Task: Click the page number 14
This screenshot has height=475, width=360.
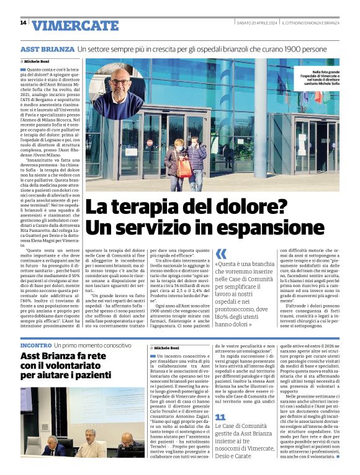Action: click(23, 23)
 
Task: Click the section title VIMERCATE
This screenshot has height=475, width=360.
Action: click(75, 25)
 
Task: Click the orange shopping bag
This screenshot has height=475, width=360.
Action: click(184, 168)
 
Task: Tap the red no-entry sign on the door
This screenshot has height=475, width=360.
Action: click(150, 142)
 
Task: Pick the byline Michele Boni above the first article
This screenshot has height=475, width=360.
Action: click(38, 62)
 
